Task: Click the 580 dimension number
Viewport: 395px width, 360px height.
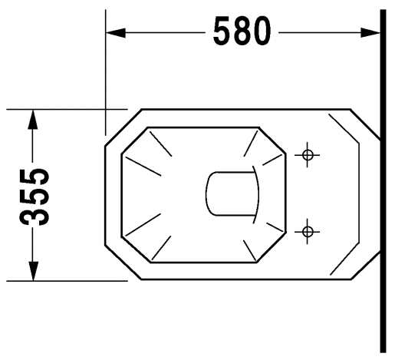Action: click(x=242, y=31)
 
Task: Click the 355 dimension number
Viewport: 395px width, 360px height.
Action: click(x=34, y=197)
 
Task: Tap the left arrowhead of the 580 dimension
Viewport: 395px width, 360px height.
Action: click(x=116, y=33)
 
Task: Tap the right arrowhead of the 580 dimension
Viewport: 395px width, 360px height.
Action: click(x=370, y=33)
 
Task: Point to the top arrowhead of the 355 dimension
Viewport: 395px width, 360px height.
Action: click(x=33, y=119)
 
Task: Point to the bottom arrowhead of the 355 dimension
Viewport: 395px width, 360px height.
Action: click(x=33, y=271)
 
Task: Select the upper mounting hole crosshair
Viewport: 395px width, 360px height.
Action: click(x=307, y=155)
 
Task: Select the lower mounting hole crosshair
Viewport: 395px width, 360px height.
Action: click(x=307, y=232)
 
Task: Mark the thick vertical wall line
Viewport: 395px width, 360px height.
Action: click(x=383, y=181)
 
